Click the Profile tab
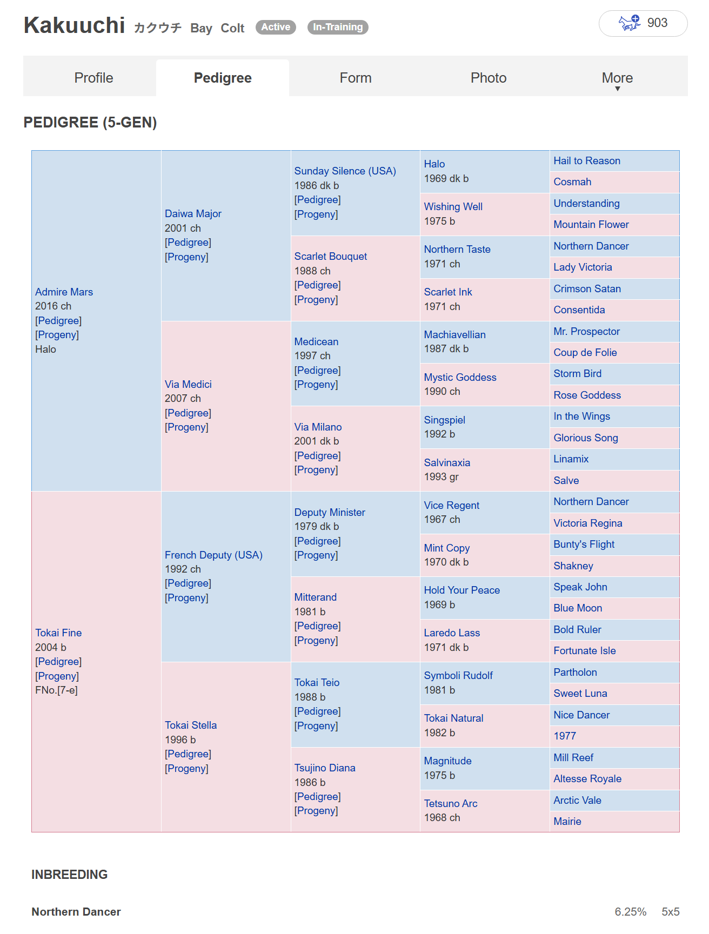click(x=93, y=78)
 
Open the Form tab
click(x=355, y=78)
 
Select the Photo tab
click(x=488, y=78)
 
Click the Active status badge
click(x=276, y=27)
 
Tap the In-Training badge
click(x=338, y=27)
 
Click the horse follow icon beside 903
click(x=629, y=23)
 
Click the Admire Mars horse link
click(x=64, y=292)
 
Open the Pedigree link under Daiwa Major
click(x=188, y=243)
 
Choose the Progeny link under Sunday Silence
click(x=316, y=214)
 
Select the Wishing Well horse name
click(x=453, y=206)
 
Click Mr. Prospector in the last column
click(x=586, y=331)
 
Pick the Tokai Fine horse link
click(x=58, y=633)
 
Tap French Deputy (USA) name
click(x=213, y=555)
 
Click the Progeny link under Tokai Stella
click(x=186, y=768)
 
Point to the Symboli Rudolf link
click(x=458, y=675)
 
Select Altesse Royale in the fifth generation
click(x=587, y=778)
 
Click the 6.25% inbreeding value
click(x=630, y=912)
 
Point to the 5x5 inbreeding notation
click(x=670, y=912)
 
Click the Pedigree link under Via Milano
click(x=317, y=455)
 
